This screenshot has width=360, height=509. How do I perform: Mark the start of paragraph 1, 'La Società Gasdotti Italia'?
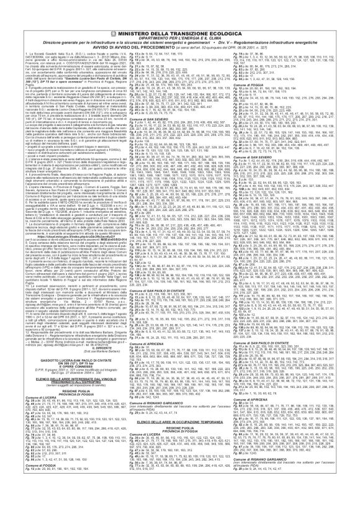(30, 38)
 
